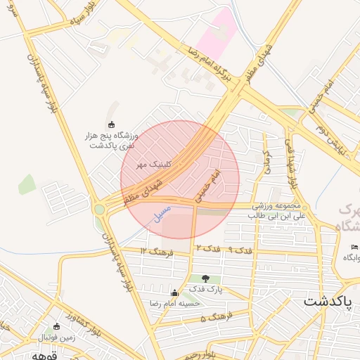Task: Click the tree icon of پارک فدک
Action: (x=205, y=279)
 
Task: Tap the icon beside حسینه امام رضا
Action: (x=174, y=292)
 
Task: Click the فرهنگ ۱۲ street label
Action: (x=153, y=251)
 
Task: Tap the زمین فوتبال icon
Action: (x=57, y=327)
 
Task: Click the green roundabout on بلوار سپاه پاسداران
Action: (x=99, y=209)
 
